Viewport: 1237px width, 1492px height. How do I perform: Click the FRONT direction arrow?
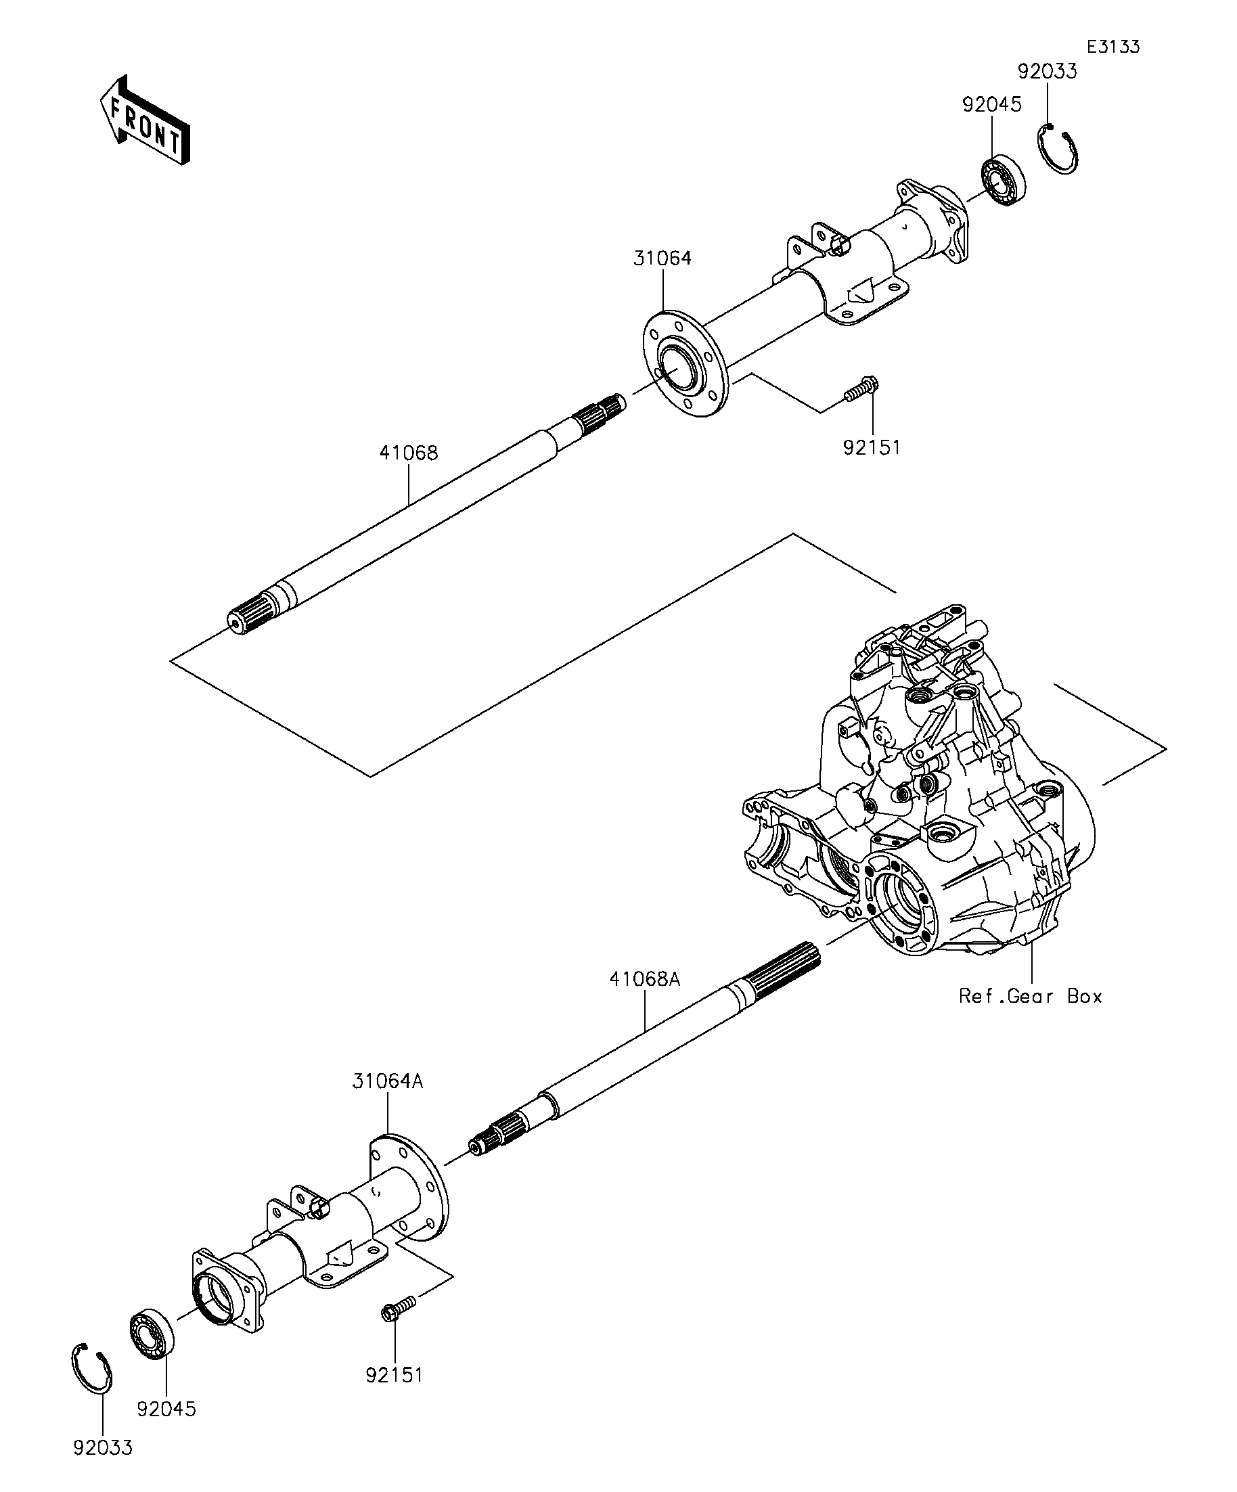click(x=145, y=120)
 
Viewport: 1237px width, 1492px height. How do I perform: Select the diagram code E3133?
click(x=1112, y=47)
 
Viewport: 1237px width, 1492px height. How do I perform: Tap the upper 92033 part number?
click(x=1047, y=72)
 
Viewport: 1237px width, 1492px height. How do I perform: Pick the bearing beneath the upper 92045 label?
click(x=1004, y=182)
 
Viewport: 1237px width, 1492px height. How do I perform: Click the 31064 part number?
click(x=662, y=258)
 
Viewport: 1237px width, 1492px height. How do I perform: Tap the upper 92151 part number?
click(x=871, y=448)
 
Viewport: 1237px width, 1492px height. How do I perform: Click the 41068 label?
click(x=409, y=453)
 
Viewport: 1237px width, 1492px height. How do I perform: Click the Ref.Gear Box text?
click(x=1030, y=997)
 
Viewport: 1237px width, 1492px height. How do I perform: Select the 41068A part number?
click(x=644, y=979)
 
